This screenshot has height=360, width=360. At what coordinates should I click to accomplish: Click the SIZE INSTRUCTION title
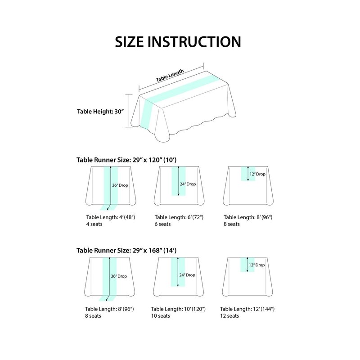[x=178, y=42]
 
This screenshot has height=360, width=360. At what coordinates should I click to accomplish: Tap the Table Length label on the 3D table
[x=170, y=76]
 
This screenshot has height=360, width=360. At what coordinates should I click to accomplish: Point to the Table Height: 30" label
[x=100, y=112]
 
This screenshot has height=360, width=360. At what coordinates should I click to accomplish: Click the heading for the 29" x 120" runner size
[x=126, y=160]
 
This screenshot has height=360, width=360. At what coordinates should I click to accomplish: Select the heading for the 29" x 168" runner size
[x=126, y=250]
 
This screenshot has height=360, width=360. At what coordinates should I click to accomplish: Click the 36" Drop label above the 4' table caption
[x=120, y=185]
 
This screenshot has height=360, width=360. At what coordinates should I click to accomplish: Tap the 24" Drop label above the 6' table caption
[x=188, y=184]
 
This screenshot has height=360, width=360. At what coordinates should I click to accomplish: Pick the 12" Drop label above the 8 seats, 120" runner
[x=257, y=174]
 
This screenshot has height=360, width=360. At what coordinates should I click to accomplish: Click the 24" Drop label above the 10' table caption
[x=187, y=275]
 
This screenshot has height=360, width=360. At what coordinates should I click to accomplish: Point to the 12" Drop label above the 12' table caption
[x=256, y=265]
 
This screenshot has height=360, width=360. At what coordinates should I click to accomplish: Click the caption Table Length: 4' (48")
[x=111, y=217]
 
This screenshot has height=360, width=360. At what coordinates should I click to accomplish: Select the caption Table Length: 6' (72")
[x=179, y=217]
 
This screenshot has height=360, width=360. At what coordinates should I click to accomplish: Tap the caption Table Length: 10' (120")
[x=178, y=309]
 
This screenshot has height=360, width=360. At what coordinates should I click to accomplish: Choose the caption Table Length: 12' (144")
[x=247, y=309]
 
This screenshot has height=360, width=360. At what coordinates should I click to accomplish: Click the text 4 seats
[x=94, y=224]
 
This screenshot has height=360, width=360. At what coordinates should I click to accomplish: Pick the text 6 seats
[x=162, y=224]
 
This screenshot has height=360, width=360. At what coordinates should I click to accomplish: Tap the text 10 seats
[x=161, y=316]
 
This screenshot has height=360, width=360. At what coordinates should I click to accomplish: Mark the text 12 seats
[x=229, y=316]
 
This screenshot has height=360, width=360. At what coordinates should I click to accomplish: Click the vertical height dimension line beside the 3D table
[x=129, y=110]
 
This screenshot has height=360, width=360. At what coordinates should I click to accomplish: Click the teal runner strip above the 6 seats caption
[x=178, y=181]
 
